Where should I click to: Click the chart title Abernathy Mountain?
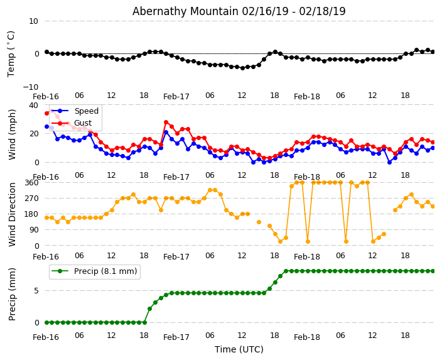(x=239, y=11)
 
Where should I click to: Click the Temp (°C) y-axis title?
(x=11, y=53)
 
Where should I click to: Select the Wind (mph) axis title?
(x=13, y=134)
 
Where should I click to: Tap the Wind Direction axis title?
(x=13, y=214)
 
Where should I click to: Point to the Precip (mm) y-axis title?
(x=13, y=294)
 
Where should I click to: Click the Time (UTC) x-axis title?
(x=239, y=349)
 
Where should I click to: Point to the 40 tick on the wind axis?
(x=33, y=106)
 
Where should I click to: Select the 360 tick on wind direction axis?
(x=31, y=182)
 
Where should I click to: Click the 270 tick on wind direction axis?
(x=31, y=198)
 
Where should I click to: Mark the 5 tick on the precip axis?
(x=36, y=291)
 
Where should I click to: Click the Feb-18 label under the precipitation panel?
(x=307, y=337)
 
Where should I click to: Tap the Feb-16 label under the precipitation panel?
(x=46, y=337)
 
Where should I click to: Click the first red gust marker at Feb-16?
(x=46, y=113)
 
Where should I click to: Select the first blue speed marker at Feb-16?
(x=46, y=126)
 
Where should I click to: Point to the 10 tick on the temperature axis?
(x=33, y=21)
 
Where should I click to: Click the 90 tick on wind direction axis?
(x=33, y=230)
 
